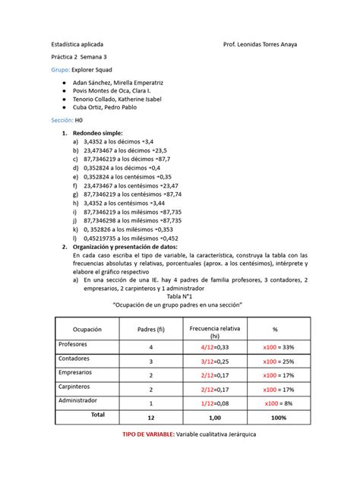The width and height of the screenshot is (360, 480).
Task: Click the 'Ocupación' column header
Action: [87, 329]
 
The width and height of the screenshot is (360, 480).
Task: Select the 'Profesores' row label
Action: [74, 344]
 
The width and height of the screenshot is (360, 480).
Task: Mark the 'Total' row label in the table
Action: [98, 415]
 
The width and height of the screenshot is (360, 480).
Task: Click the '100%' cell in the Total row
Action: [278, 418]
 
